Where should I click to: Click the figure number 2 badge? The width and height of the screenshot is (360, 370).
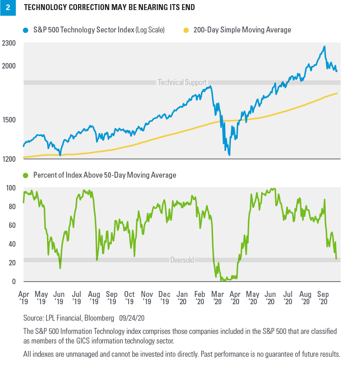coord(7,8)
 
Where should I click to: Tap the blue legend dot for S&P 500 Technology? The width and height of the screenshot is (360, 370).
coord(26,30)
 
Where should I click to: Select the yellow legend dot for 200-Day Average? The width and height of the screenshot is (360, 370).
coord(186,30)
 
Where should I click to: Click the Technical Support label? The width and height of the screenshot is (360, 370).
coord(182,83)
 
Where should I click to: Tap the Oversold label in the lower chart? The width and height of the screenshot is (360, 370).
coord(182,260)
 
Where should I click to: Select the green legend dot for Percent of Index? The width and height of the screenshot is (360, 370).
coord(26,175)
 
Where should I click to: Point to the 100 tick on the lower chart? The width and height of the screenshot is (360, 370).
coord(11,188)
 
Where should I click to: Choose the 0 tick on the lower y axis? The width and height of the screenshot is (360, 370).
coord(14,281)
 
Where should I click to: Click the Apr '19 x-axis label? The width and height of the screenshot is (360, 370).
coord(23,298)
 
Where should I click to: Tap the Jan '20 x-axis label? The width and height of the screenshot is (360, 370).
coord(181,298)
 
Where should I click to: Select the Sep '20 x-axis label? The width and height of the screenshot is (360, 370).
coord(323,298)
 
